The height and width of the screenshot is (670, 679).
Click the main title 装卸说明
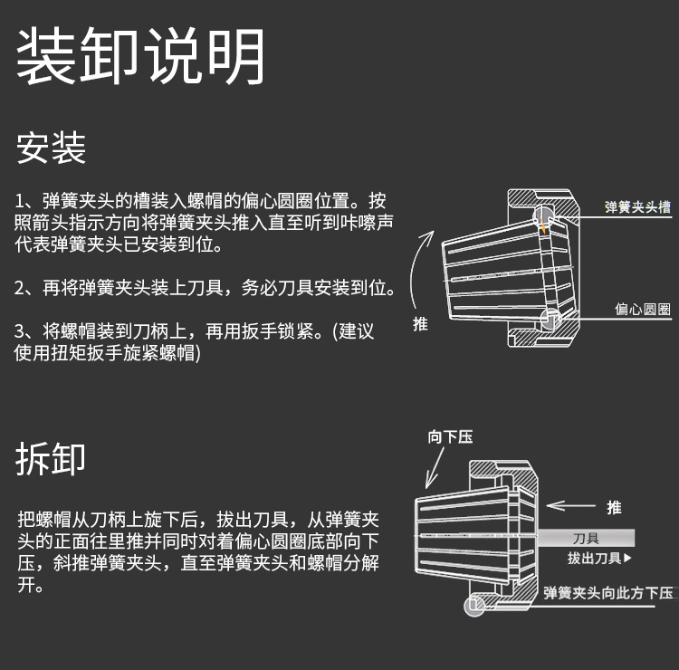coord(140,56)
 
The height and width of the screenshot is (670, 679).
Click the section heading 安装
coord(51,148)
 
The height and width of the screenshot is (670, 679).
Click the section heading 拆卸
coord(51,458)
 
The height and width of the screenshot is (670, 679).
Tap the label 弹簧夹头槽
coord(638,206)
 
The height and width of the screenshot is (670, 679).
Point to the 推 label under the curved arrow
coord(420,323)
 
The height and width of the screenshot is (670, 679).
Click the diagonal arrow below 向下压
coord(436,469)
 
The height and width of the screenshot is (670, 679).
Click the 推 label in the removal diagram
coord(614,507)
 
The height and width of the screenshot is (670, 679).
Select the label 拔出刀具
coord(598,559)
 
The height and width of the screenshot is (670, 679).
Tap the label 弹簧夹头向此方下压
coord(608,594)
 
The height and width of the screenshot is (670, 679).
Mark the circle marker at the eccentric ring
coord(550,318)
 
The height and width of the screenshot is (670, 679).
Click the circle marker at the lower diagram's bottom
coord(474,607)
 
